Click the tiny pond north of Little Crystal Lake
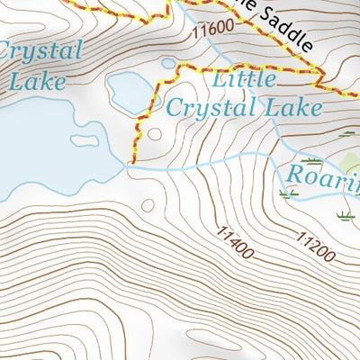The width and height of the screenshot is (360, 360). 168,63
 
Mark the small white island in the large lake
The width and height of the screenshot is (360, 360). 85,140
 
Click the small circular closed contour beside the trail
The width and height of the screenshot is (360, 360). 154,135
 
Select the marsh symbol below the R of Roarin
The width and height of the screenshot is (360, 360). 288,193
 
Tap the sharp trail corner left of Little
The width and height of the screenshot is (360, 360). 181,65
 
